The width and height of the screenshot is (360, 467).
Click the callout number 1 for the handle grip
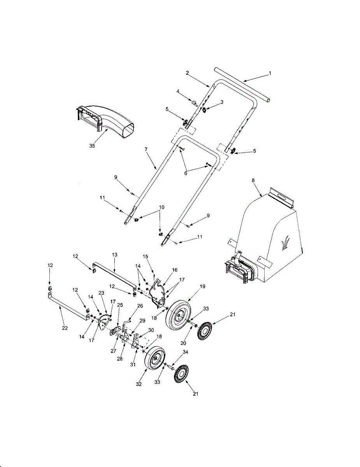[x=270, y=73]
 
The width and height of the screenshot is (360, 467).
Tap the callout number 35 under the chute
[x=92, y=146]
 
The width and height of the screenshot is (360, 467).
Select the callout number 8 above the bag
[x=253, y=181]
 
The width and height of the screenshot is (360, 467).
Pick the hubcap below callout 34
[x=181, y=374]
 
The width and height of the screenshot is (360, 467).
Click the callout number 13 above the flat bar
[x=114, y=255]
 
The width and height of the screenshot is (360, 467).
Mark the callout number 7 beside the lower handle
[x=146, y=149]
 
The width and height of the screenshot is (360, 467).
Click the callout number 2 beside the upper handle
[x=187, y=73]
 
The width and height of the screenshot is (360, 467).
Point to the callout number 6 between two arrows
[x=186, y=173]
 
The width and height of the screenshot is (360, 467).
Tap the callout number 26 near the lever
[x=140, y=306]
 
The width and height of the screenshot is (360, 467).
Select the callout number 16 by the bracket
[x=175, y=270]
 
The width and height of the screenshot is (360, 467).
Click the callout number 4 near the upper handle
[x=178, y=91]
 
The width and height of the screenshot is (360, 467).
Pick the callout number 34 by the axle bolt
[x=185, y=352]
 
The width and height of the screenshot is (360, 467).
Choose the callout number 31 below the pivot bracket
[x=133, y=365]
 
